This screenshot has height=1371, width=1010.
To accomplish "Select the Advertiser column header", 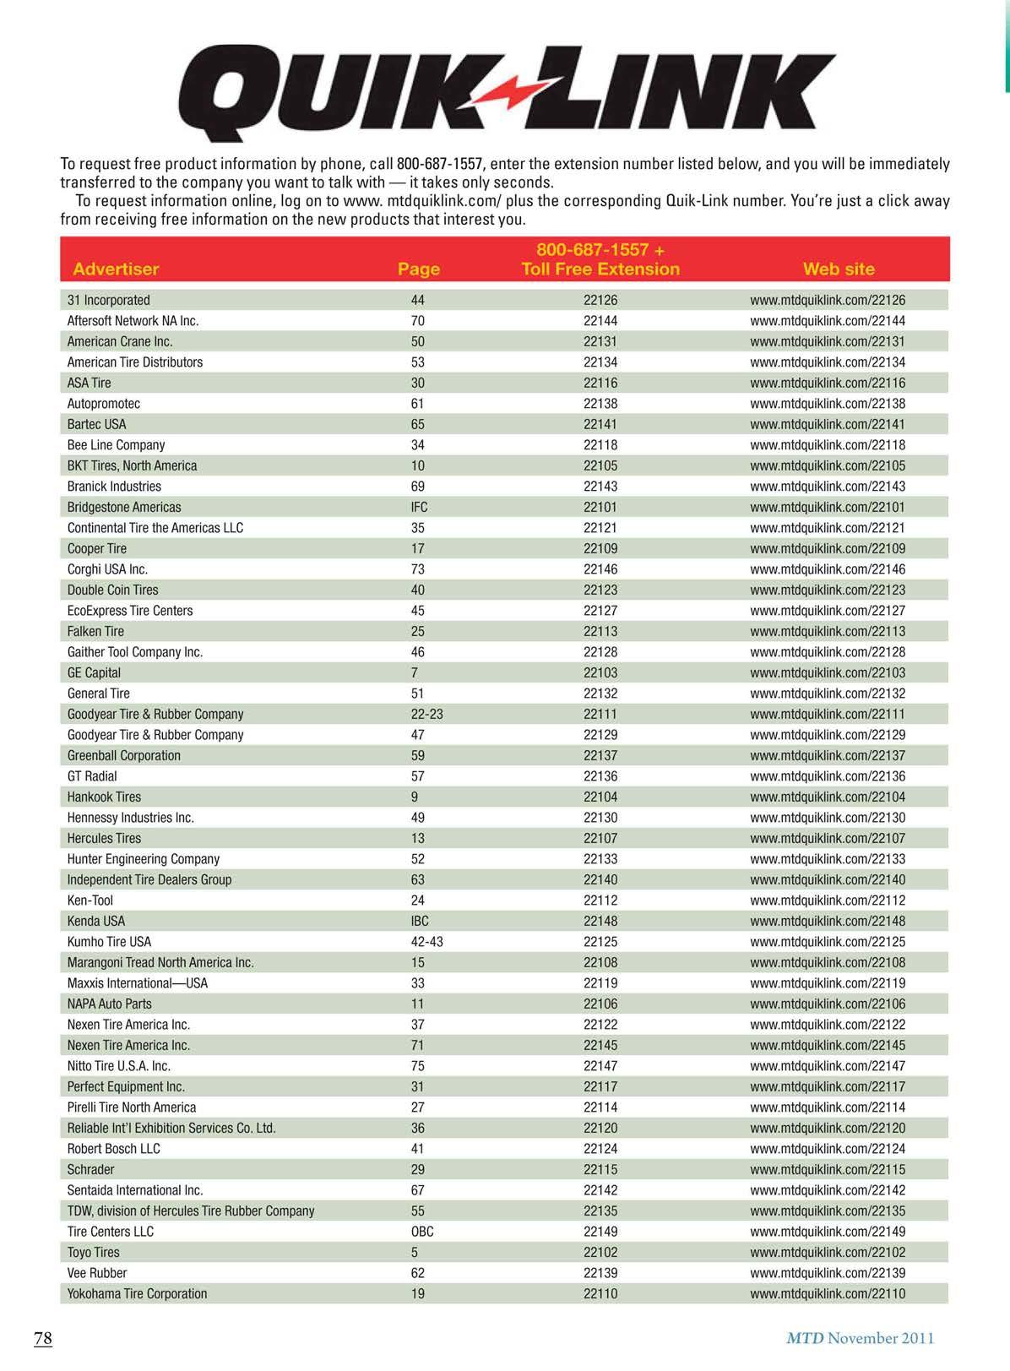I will point(116,269).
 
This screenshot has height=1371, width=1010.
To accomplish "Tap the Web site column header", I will point(839,269).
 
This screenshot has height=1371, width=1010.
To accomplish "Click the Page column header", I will point(419,269).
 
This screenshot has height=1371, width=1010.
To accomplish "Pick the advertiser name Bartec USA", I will point(96,424).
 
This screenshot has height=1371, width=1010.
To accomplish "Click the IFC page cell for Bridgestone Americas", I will point(419,507).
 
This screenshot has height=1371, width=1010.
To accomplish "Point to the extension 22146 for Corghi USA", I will point(600,569).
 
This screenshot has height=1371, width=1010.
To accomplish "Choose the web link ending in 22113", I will point(827,631).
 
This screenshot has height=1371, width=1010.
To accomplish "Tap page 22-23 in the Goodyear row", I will point(426,714).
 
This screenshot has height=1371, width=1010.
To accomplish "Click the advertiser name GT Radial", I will point(92,776).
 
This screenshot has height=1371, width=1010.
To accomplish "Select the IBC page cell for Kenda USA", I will point(420,921).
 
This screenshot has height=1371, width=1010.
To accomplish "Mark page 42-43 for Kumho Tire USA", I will point(426,942).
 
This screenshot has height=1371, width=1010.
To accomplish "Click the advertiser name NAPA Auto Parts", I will point(110,1004).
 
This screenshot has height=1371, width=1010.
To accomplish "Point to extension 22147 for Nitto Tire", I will point(600,1066).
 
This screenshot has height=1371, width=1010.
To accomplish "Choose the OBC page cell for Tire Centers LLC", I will point(421,1232).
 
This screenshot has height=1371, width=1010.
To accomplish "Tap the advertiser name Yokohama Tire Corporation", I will point(137,1293).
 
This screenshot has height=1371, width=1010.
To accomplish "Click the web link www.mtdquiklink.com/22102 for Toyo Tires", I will point(827,1252).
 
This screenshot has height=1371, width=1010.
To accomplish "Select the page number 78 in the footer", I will point(43,1338).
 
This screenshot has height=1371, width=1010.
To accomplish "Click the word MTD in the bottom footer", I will point(804,1338).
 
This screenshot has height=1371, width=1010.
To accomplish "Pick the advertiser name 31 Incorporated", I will point(108,300).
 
